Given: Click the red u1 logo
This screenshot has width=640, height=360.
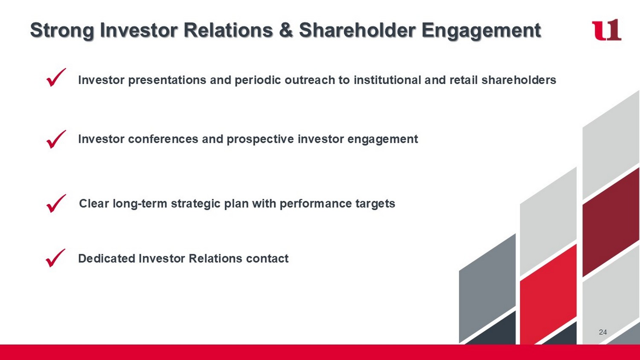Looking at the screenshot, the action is point(606,30).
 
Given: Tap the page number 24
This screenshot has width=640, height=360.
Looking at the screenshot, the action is point(603,332).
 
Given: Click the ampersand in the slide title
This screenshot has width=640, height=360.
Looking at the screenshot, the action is point(286,30).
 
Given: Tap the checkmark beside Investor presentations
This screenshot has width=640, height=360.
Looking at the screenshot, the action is point(56,77).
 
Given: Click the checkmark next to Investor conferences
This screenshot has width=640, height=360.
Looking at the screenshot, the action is point(56,139).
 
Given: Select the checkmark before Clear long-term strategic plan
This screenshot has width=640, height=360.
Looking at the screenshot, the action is point(56,203).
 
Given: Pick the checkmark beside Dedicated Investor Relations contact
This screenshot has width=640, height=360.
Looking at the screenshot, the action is point(55,258).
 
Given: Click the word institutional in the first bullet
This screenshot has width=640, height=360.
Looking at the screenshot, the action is point(387,80).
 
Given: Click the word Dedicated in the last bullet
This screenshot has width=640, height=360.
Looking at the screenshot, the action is point(106,258).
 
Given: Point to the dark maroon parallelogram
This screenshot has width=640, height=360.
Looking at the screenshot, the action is point(611,222).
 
